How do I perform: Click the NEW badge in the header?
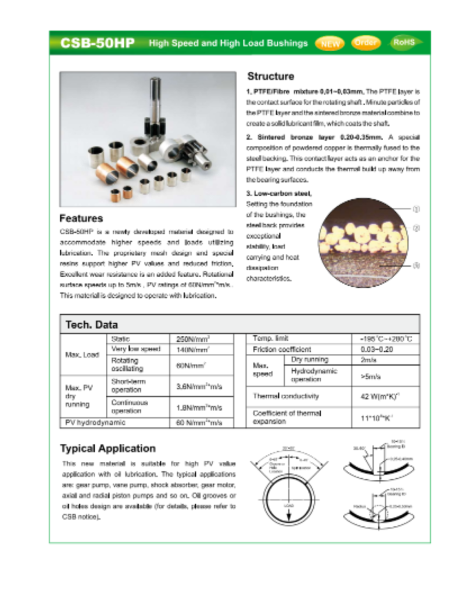tap(330, 43)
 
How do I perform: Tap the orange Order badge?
tap(366, 42)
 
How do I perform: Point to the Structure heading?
tap(270, 76)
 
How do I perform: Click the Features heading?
tap(81, 218)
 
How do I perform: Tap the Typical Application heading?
tap(108, 449)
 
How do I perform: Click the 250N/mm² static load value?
tap(193, 339)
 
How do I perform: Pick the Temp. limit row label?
tap(270, 338)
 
